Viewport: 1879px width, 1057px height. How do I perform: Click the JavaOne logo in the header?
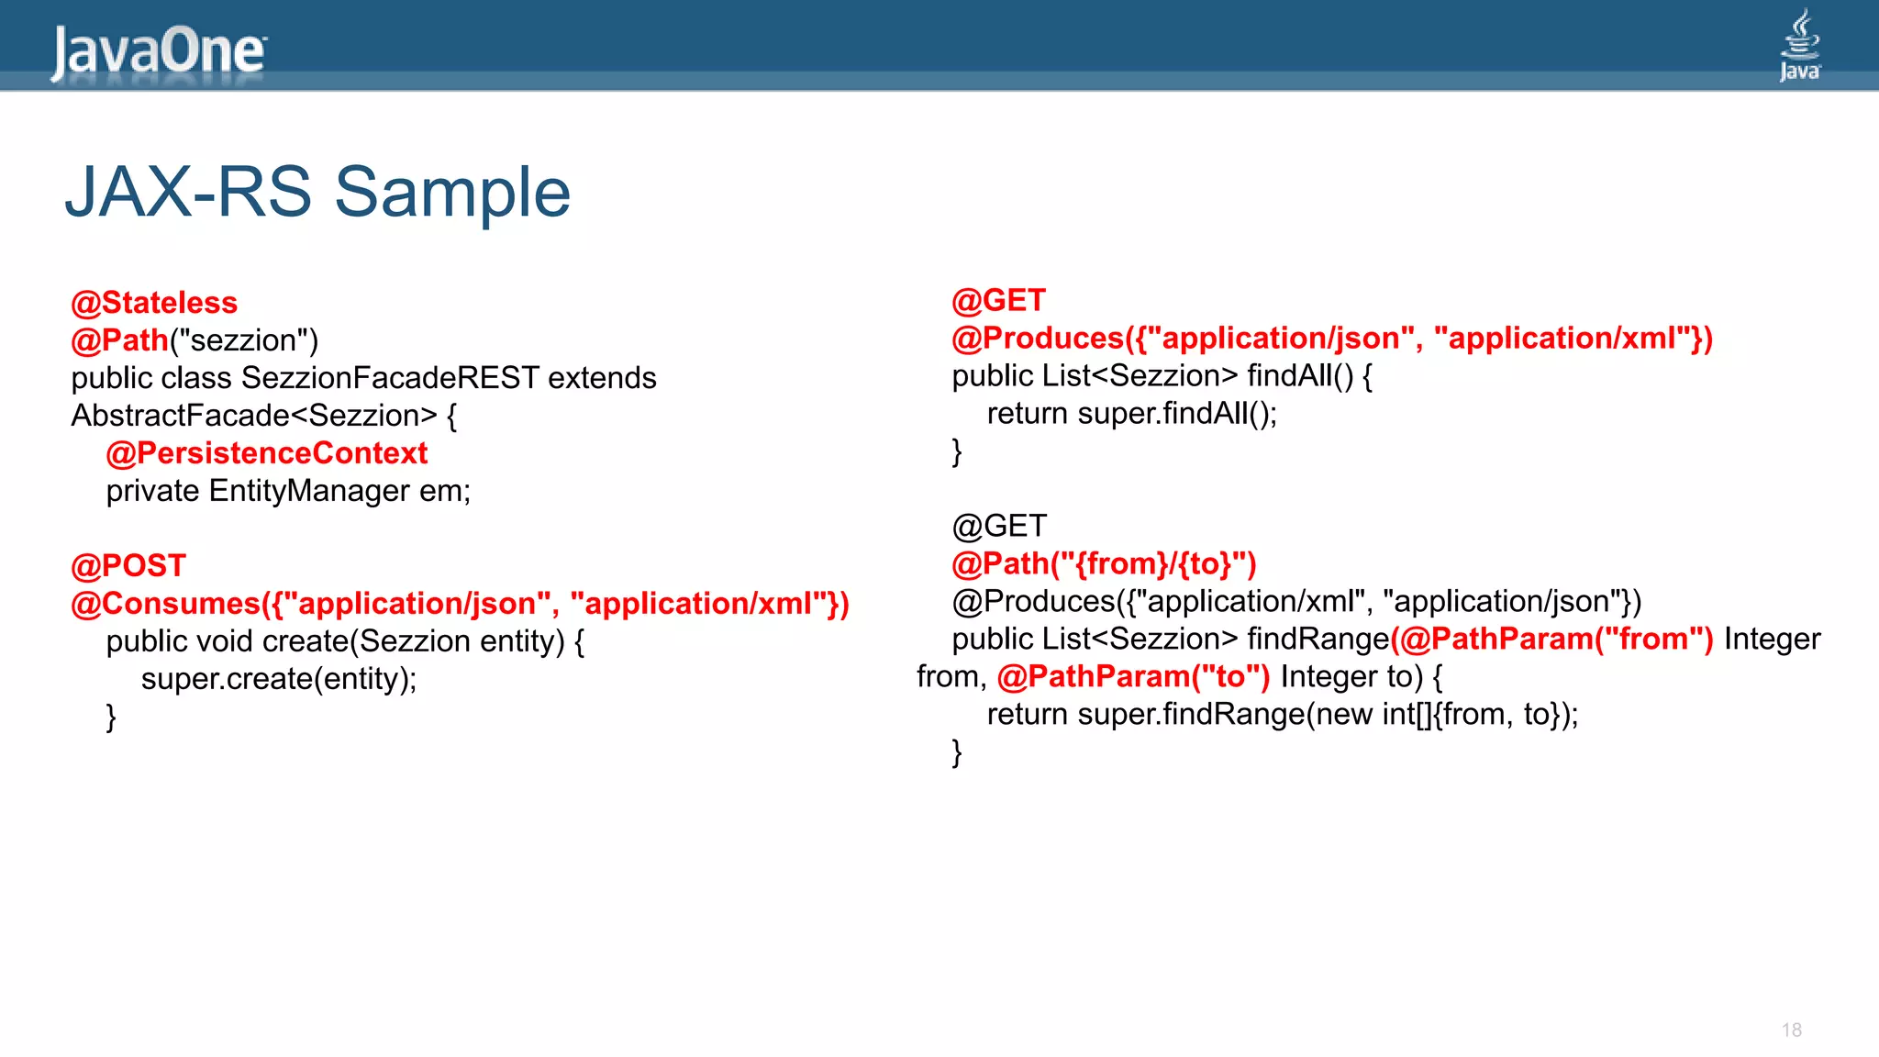click(158, 51)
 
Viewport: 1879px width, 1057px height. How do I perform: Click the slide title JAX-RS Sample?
click(317, 192)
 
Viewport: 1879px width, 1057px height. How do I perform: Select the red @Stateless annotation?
click(154, 303)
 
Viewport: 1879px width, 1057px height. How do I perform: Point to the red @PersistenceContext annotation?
click(267, 453)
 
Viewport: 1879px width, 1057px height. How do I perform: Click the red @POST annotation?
click(128, 566)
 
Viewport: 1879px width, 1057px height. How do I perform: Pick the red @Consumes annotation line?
click(460, 604)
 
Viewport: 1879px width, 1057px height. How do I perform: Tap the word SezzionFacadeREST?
click(390, 378)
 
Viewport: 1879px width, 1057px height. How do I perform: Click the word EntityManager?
click(309, 491)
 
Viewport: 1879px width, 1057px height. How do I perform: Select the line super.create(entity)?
click(279, 679)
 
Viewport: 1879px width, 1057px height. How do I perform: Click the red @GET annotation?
click(998, 301)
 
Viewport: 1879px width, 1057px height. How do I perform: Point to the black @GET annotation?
click(998, 527)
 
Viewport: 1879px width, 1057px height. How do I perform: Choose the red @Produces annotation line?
click(1331, 339)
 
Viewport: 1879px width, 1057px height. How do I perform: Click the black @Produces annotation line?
click(1295, 602)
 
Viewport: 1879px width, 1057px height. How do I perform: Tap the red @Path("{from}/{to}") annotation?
click(1104, 564)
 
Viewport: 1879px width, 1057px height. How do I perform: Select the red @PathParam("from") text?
click(1551, 640)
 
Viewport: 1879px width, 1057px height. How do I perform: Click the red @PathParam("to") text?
click(1133, 677)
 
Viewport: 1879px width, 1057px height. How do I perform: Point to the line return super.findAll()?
click(1131, 414)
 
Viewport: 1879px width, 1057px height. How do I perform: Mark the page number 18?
click(1791, 1030)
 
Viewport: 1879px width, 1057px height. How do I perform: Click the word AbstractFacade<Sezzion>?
click(254, 416)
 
